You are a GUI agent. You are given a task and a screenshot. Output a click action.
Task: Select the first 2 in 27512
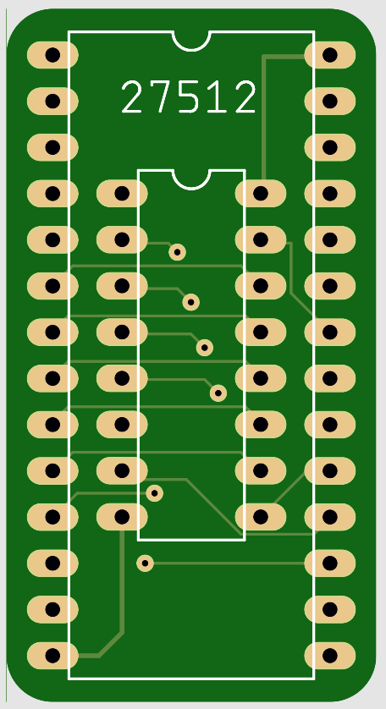(132, 96)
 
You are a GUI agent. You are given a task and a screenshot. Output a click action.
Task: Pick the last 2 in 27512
(245, 96)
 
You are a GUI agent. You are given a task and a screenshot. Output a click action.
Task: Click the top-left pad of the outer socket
(52, 55)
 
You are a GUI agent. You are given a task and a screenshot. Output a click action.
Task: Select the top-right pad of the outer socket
(330, 55)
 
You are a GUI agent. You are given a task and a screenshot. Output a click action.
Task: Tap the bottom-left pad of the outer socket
(52, 656)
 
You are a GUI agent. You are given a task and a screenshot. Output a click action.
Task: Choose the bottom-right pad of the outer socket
(330, 656)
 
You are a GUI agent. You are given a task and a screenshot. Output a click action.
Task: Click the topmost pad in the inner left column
(122, 194)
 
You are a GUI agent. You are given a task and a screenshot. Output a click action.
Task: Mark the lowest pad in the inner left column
(122, 517)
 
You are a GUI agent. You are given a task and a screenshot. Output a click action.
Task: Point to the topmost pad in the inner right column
(261, 194)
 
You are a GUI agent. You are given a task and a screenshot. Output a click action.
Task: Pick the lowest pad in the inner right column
(261, 517)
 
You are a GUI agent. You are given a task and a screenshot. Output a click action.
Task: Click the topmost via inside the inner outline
(178, 252)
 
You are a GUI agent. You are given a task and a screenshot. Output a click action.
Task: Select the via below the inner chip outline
(145, 563)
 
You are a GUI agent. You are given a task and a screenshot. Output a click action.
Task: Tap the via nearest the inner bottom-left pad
(154, 493)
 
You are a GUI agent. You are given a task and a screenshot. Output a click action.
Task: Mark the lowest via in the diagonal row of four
(218, 393)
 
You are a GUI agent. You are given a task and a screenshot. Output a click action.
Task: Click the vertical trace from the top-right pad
(263, 118)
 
